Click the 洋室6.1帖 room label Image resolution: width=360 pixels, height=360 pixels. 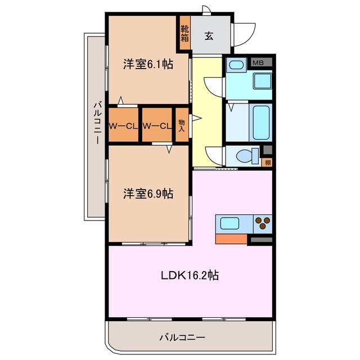[x=148, y=65]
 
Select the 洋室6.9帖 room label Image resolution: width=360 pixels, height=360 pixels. [x=148, y=193]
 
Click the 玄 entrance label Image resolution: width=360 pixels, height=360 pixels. [x=209, y=36]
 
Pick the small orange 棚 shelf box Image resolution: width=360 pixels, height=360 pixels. [x=267, y=163]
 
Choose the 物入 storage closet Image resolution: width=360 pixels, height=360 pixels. [x=182, y=125]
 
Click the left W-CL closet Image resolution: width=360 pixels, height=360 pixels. [x=123, y=125]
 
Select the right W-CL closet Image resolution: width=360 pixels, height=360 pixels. [x=156, y=125]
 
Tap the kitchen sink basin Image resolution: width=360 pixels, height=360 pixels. [x=231, y=223]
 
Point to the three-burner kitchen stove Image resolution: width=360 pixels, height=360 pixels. [x=262, y=224]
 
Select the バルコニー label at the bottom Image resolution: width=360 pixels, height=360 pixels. [x=182, y=337]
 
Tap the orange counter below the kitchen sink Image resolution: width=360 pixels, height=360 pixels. [x=231, y=239]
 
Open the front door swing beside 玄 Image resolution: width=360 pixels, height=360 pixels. [x=243, y=33]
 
